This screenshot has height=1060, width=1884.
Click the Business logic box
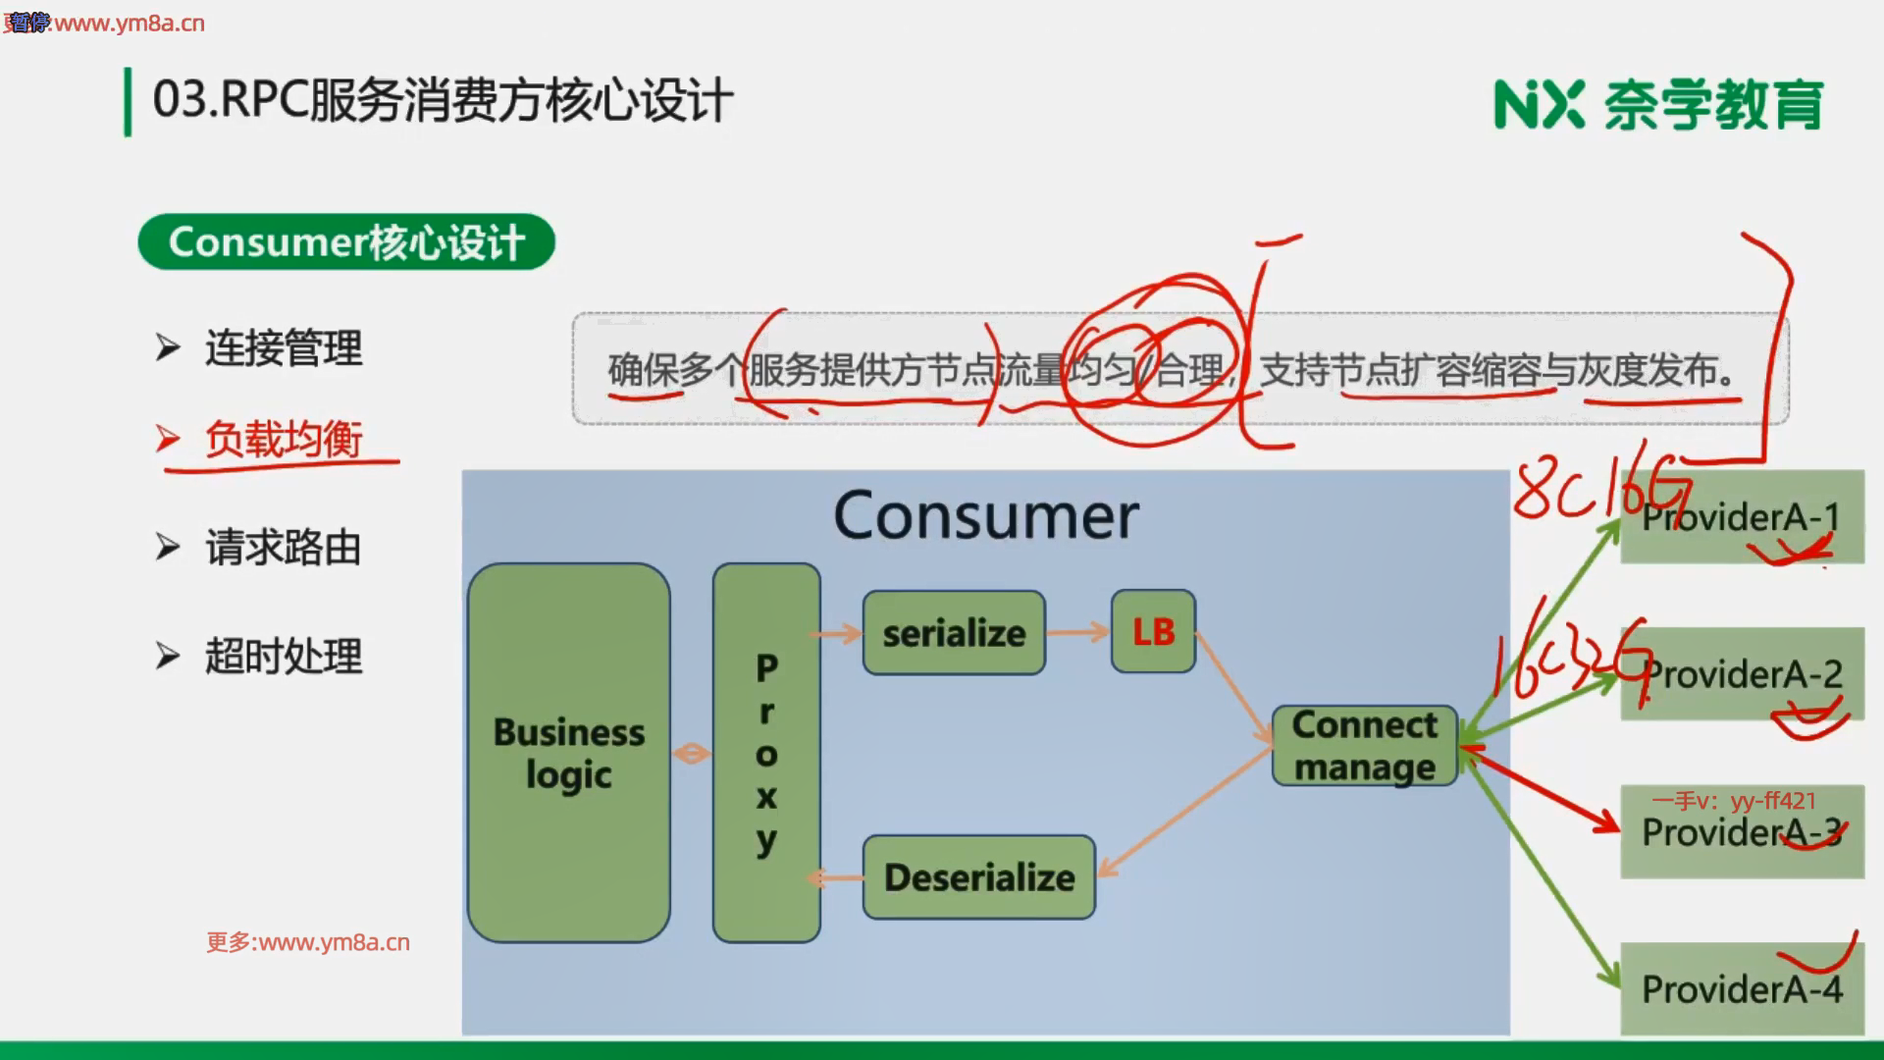(569, 753)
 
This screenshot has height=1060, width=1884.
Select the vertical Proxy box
(766, 753)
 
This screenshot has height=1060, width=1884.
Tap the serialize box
(954, 633)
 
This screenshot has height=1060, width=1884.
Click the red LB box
(1153, 632)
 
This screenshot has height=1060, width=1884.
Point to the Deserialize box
(979, 876)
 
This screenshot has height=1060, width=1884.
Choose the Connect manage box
(1364, 746)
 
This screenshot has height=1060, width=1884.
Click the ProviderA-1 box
(1742, 517)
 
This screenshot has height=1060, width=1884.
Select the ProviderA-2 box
(1742, 674)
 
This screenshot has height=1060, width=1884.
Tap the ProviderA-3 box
(1742, 832)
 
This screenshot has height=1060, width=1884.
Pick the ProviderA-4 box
(1742, 989)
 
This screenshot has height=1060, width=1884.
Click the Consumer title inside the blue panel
(986, 516)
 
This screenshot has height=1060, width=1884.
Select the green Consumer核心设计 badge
(346, 241)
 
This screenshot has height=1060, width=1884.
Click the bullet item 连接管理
(283, 348)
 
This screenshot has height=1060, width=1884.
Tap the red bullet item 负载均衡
(283, 439)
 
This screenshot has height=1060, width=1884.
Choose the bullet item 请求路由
(283, 548)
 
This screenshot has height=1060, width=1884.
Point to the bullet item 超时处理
(283, 656)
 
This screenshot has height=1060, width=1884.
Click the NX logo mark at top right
(1539, 104)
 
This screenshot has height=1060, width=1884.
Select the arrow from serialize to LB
(1077, 632)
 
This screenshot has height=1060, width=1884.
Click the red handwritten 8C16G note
(1599, 491)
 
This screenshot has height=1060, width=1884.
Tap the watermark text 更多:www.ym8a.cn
(308, 942)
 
